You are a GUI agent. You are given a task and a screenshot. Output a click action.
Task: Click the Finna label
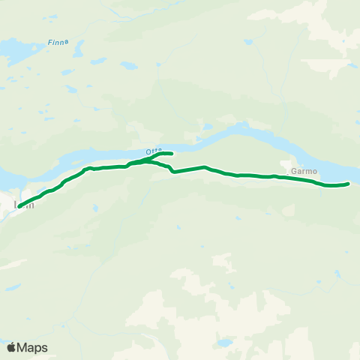coord(58,43)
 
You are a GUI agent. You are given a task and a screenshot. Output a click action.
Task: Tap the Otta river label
coord(154,150)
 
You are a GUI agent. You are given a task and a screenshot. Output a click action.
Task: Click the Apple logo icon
coord(11,347)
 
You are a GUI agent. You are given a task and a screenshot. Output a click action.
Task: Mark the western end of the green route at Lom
coord(20,205)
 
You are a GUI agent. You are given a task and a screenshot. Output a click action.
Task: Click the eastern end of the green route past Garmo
coord(349,183)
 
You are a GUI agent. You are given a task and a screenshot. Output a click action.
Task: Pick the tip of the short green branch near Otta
coord(172,154)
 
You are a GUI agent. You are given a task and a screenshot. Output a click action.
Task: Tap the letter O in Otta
coord(148,150)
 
